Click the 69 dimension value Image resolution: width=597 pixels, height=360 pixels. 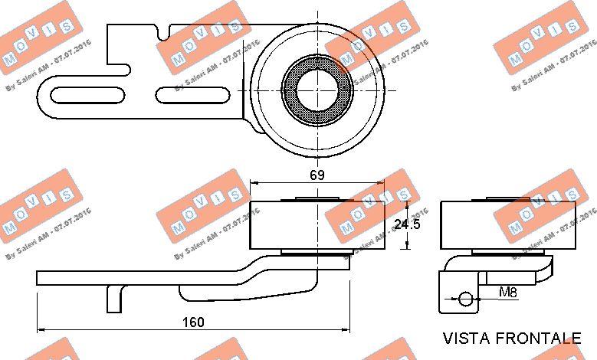317,175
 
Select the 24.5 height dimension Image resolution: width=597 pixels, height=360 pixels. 407,224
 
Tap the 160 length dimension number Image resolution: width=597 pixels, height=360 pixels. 193,322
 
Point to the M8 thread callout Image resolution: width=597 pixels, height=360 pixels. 507,293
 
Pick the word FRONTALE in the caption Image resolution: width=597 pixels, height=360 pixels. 538,338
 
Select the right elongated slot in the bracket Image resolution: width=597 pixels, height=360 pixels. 192,95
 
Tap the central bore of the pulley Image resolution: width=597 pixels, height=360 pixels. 317,90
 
